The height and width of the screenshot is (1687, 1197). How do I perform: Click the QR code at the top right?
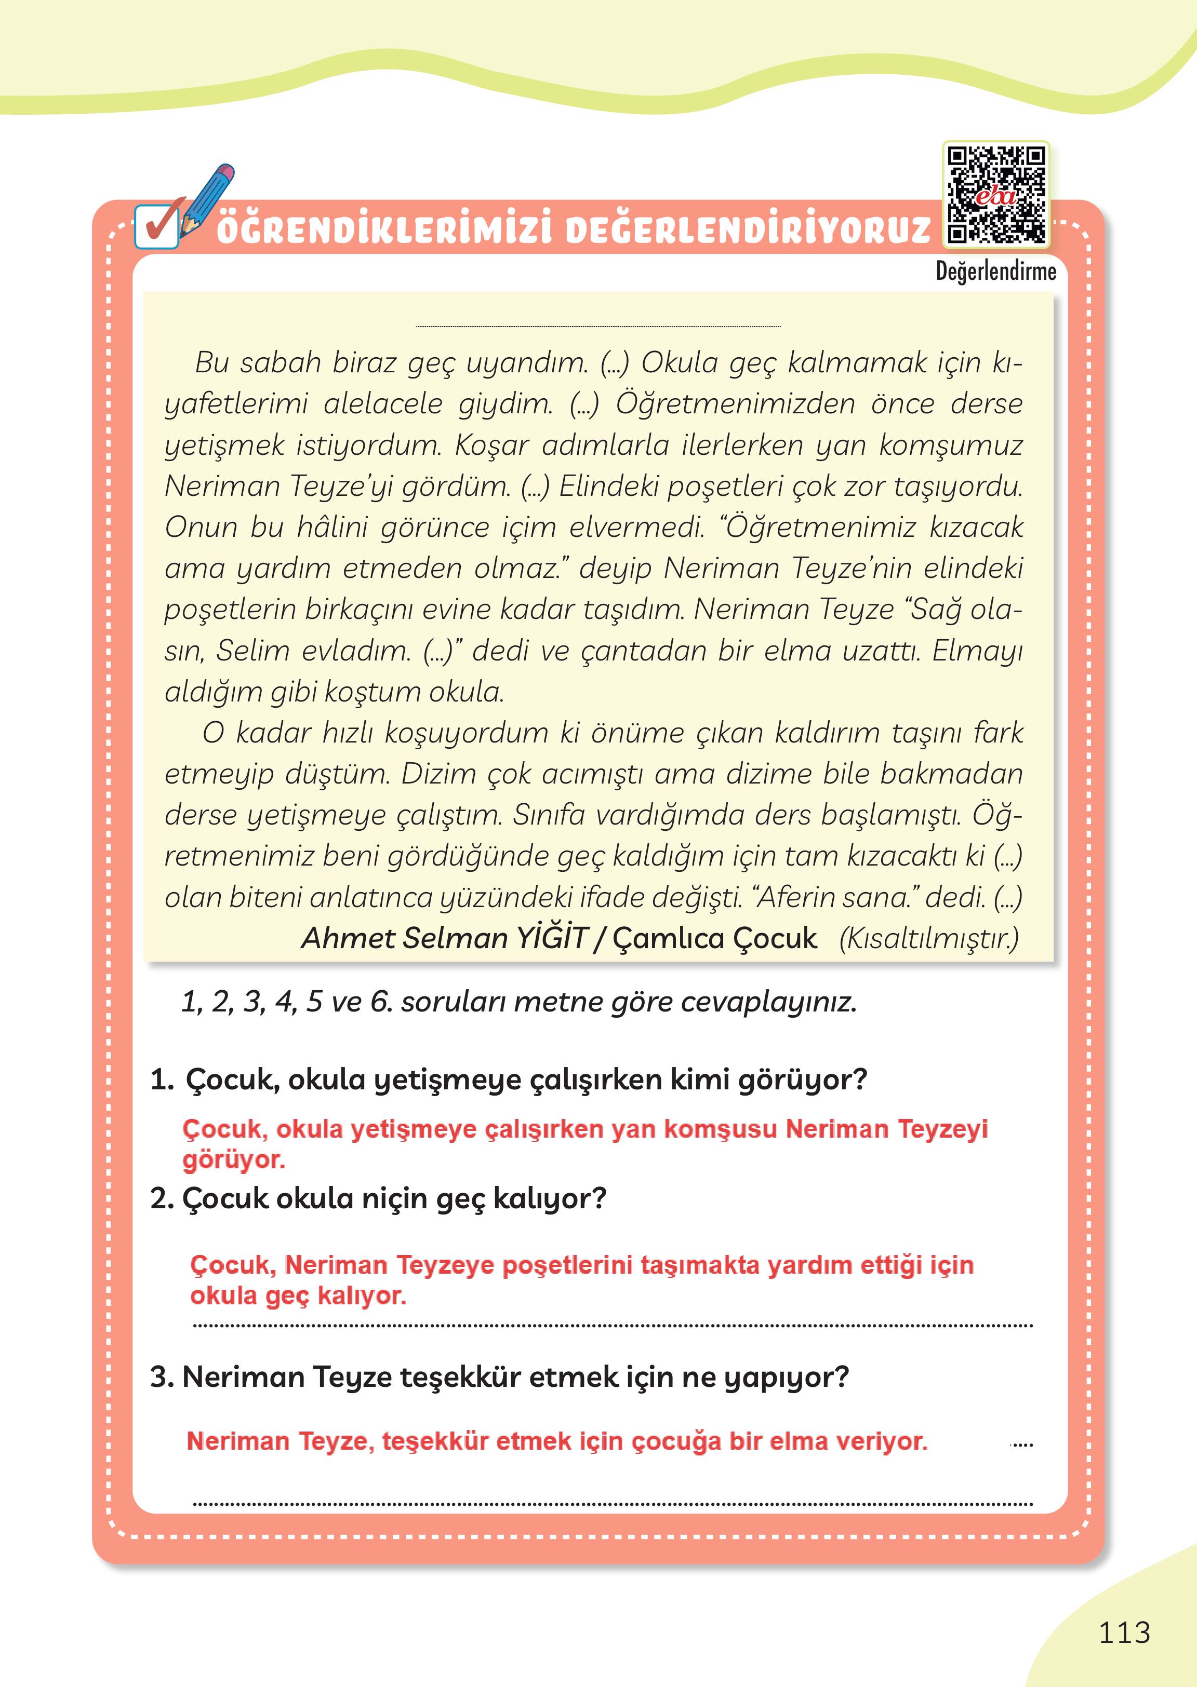coord(996,195)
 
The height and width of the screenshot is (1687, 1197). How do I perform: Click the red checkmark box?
coord(156,226)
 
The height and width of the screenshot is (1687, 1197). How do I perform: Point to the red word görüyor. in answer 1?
coord(234,1160)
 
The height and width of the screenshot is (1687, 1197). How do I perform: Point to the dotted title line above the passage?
coord(598,326)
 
